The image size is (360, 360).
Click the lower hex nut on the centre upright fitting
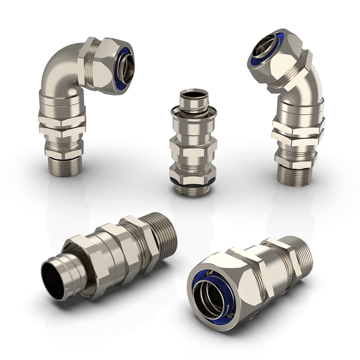click(x=193, y=172)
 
